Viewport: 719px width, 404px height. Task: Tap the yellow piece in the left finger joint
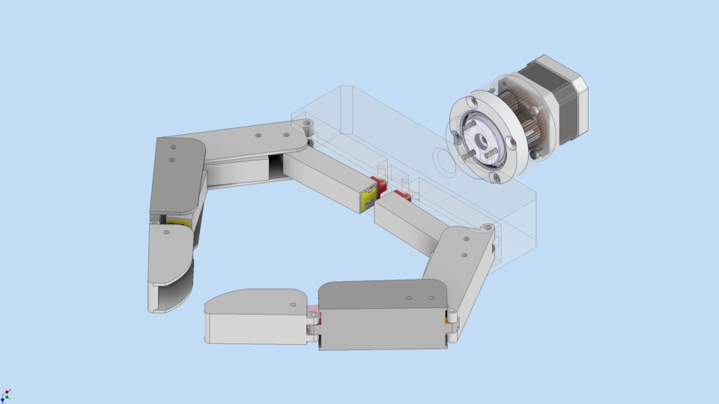pos(178,222)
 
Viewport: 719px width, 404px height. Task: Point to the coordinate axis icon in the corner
pos(6,395)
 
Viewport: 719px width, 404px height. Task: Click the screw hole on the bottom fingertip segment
pos(292,304)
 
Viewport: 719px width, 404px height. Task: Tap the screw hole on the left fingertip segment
pos(166,232)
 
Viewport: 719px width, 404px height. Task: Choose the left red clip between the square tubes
pos(378,184)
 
